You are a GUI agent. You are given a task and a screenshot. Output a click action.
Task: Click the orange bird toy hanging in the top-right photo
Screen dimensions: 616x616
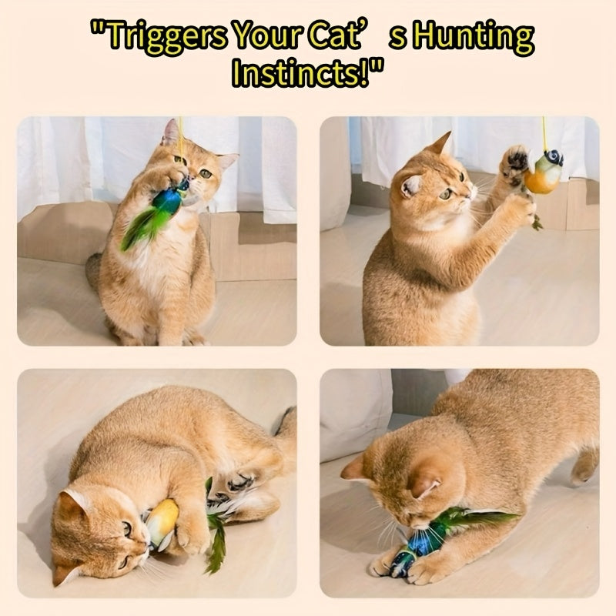pyautogui.click(x=544, y=172)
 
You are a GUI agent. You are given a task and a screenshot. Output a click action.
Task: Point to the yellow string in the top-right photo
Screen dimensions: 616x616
pyautogui.click(x=544, y=133)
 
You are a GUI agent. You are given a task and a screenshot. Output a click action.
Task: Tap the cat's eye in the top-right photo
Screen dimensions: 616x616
pyautogui.click(x=447, y=194)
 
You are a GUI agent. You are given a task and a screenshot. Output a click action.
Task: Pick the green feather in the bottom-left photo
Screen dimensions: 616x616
pyautogui.click(x=216, y=542)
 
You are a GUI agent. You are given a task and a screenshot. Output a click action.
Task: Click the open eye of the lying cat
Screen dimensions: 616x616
pyautogui.click(x=128, y=529)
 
